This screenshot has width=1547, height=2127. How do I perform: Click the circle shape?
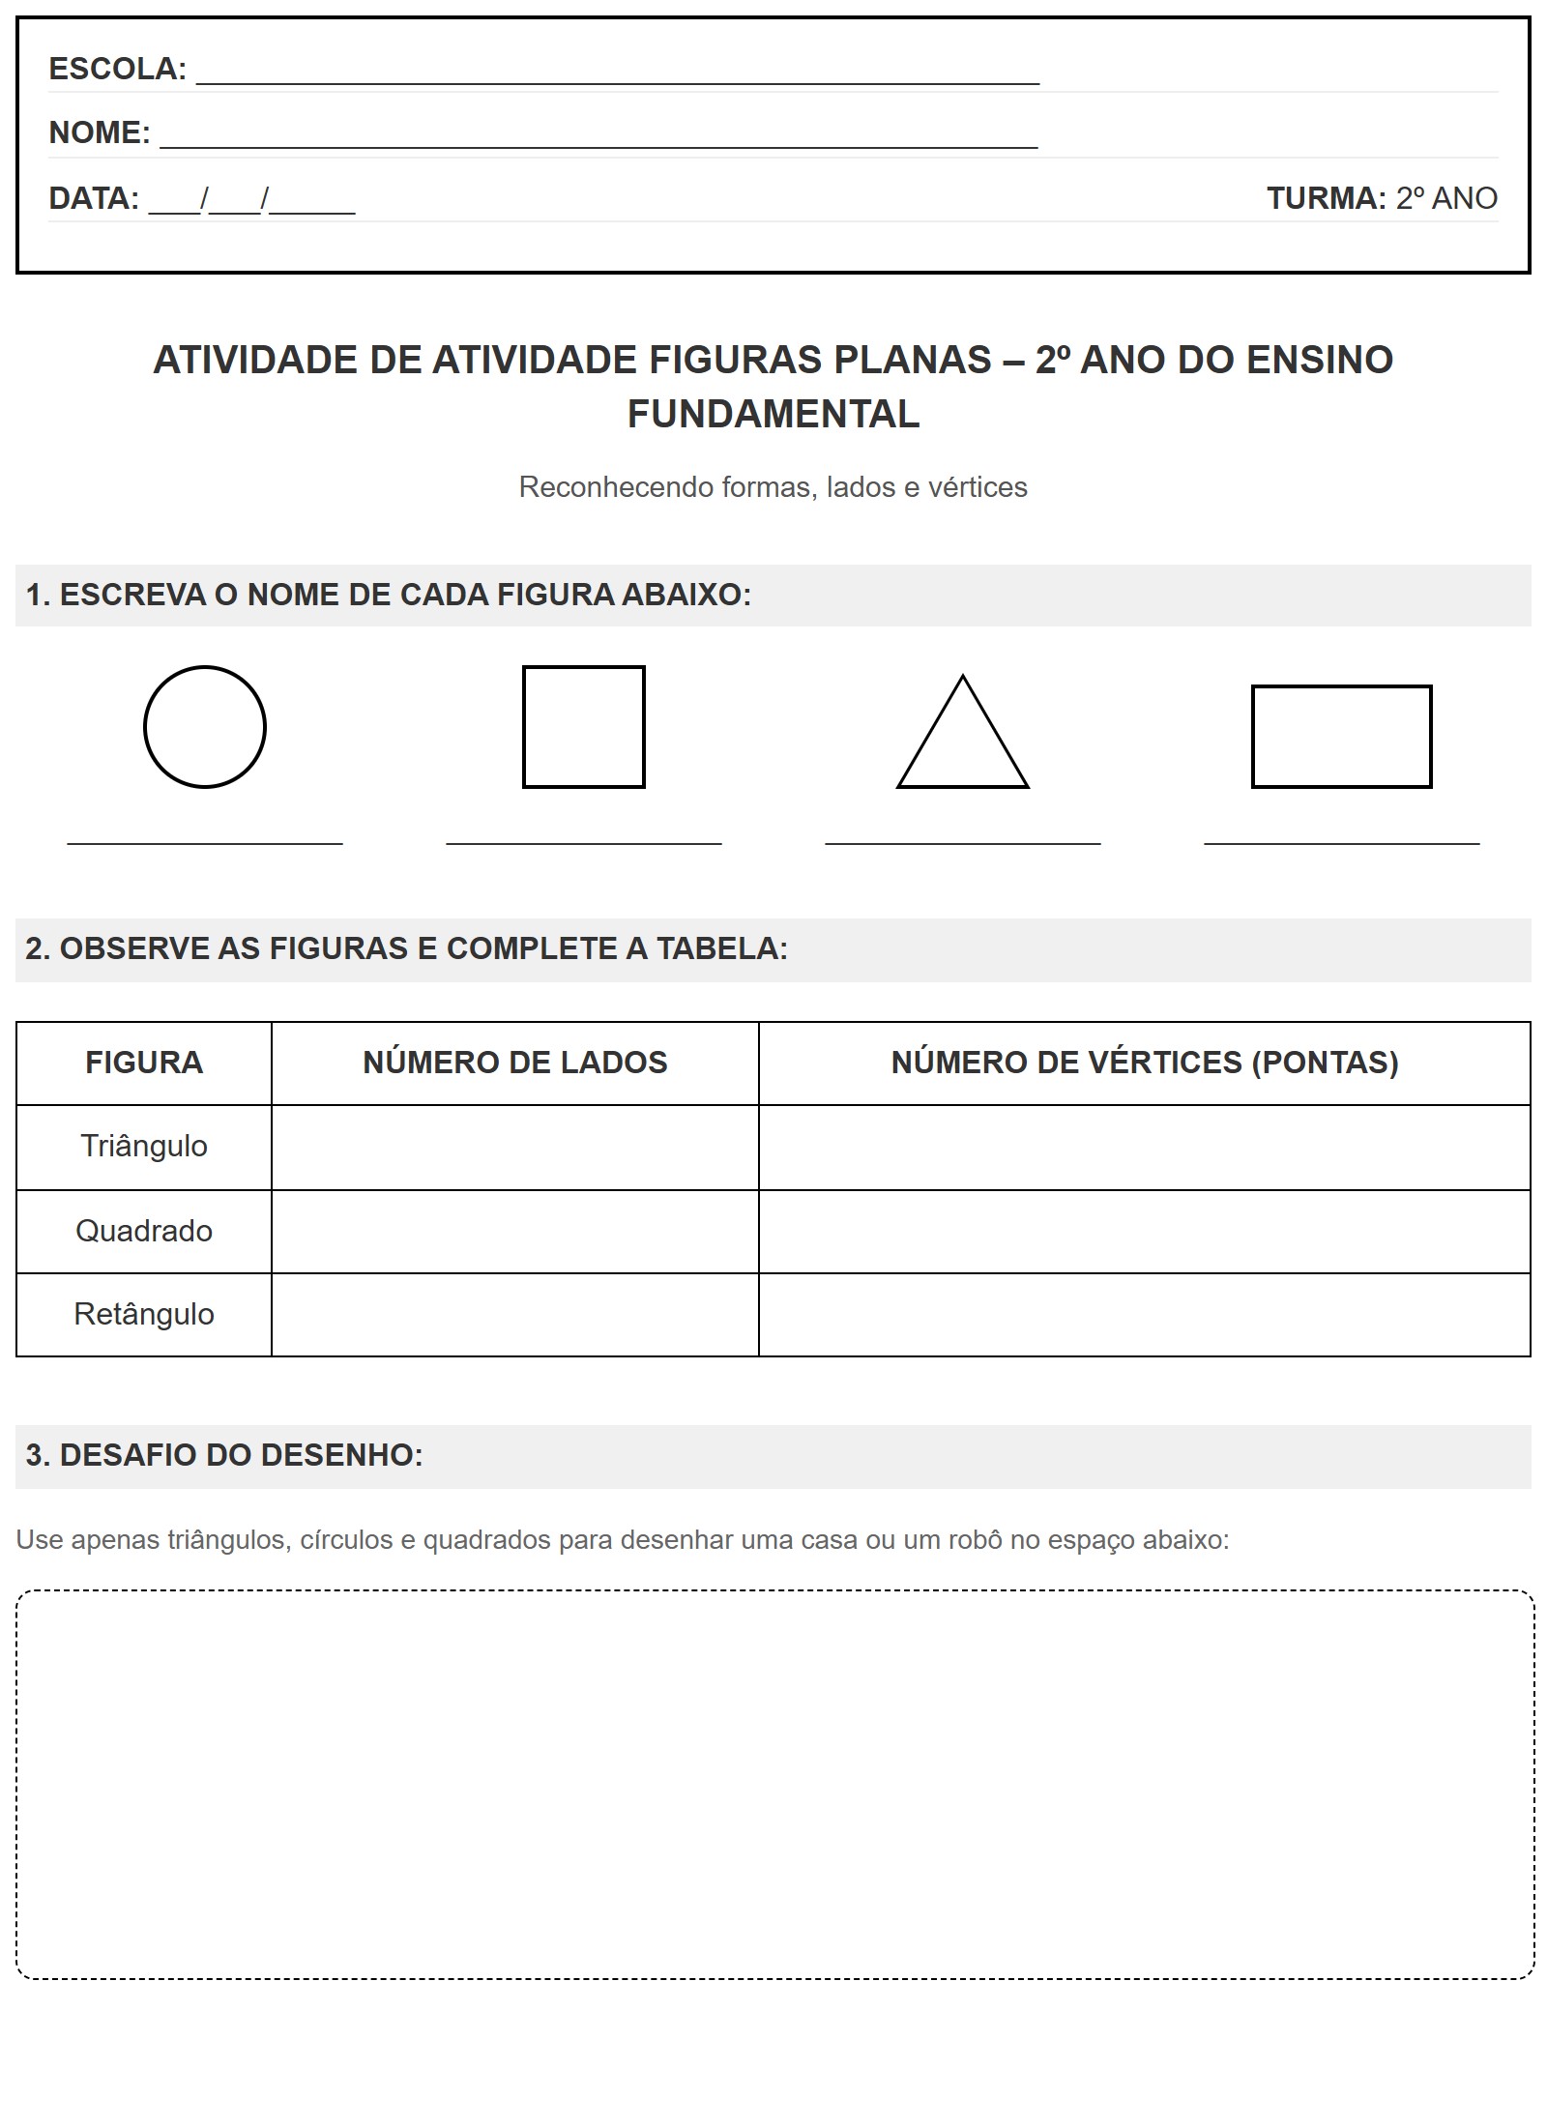coord(205,727)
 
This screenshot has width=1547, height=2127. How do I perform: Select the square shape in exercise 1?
coord(584,727)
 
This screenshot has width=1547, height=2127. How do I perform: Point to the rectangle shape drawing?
coord(1341,737)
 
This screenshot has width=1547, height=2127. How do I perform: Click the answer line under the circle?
coord(205,843)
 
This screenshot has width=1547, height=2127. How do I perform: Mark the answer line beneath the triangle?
coord(963,843)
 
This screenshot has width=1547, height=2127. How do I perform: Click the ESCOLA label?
coord(117,69)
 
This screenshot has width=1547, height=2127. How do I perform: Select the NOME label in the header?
coord(100,132)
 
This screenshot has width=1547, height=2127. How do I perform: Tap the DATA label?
coord(94,198)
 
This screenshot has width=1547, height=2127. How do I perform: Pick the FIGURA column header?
coord(144,1063)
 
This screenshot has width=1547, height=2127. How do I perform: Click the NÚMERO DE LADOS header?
coord(515,1063)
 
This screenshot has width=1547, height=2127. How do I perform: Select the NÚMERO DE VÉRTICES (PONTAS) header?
coord(1145,1063)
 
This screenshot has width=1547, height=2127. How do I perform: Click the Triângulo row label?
coord(144,1147)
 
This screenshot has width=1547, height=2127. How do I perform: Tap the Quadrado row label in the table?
coord(144,1231)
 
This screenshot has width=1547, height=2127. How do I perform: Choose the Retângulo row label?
coord(144,1315)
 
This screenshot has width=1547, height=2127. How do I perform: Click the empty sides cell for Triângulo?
coord(515,1148)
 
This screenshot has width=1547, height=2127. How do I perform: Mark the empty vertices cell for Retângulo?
coord(1145,1315)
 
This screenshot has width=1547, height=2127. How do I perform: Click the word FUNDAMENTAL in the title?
coord(773,415)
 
